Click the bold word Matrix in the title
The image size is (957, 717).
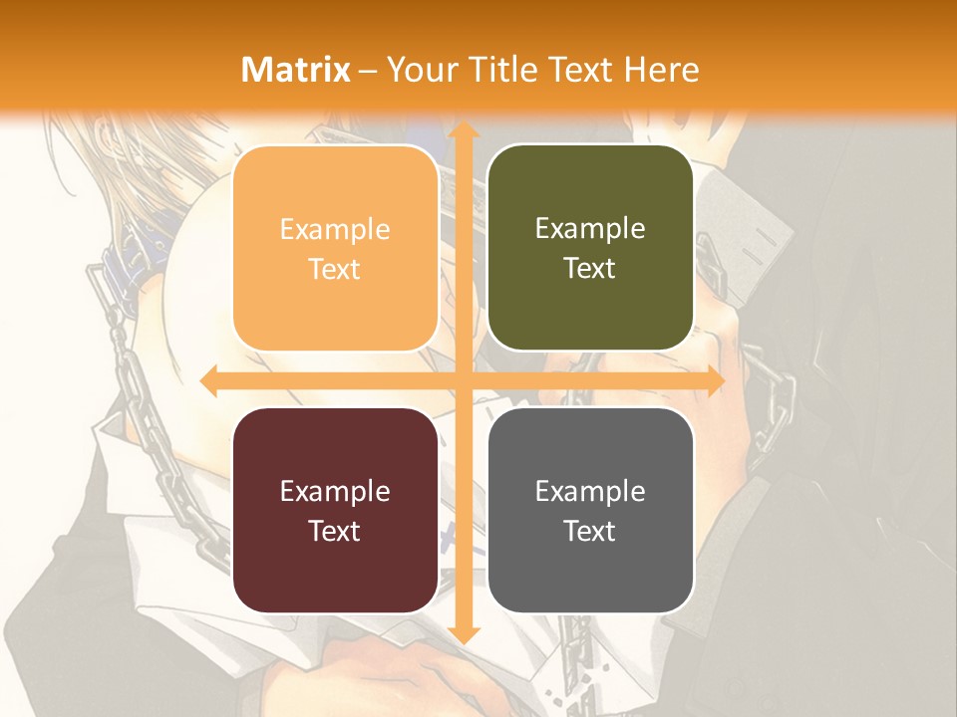296,70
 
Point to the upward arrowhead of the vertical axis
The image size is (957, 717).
463,132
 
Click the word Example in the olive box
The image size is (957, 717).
590,229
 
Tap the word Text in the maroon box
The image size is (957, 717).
335,531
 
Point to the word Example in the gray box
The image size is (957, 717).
590,491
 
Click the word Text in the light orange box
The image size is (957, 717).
335,269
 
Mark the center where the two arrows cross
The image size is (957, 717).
463,381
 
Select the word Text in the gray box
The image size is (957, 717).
590,531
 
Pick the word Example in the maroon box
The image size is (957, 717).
335,491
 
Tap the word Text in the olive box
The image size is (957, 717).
590,269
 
